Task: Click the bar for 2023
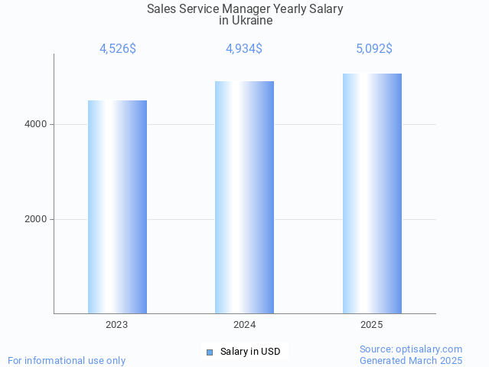click(x=117, y=207)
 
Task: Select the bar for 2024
click(x=244, y=198)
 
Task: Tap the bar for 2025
click(x=372, y=194)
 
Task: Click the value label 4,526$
click(x=118, y=49)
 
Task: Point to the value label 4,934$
click(x=244, y=49)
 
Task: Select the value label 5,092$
click(x=373, y=49)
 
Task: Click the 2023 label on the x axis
click(x=117, y=325)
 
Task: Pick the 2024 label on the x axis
click(x=244, y=325)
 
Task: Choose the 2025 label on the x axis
click(x=372, y=325)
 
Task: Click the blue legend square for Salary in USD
click(x=209, y=352)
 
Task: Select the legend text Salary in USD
click(x=250, y=352)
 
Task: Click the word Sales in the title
click(x=161, y=9)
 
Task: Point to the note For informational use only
click(x=67, y=360)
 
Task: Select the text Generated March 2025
click(x=411, y=360)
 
